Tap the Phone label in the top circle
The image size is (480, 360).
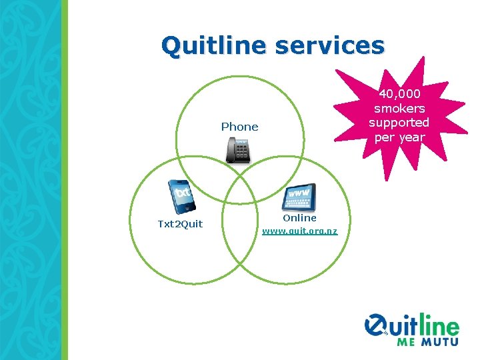239,127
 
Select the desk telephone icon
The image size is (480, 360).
238,150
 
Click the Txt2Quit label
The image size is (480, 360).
180,224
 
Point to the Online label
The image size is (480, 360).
299,218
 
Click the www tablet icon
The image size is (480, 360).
299,197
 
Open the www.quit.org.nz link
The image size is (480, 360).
299,231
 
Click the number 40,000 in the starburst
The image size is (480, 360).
400,94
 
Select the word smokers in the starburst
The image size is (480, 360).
400,108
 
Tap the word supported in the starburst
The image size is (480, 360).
399,123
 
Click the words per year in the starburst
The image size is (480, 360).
399,137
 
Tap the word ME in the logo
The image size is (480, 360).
407,342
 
